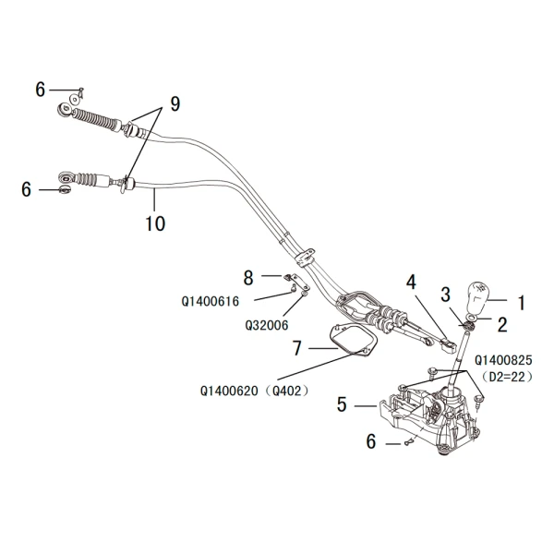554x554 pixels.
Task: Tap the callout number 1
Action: [521, 301]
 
